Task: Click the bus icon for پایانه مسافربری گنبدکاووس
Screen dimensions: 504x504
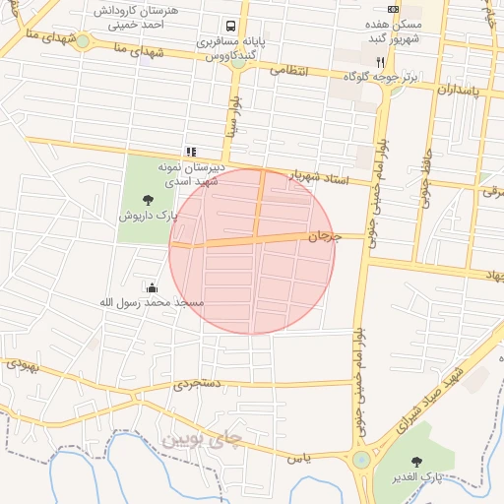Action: pyautogui.click(x=229, y=27)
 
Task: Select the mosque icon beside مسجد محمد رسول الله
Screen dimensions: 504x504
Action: pyautogui.click(x=152, y=287)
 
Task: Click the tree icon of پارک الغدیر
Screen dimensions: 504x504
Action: pyautogui.click(x=416, y=461)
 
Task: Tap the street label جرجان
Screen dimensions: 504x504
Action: pyautogui.click(x=324, y=236)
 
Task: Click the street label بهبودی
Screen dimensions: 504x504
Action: pyautogui.click(x=23, y=363)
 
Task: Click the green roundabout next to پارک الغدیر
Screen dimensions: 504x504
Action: pyautogui.click(x=362, y=460)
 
